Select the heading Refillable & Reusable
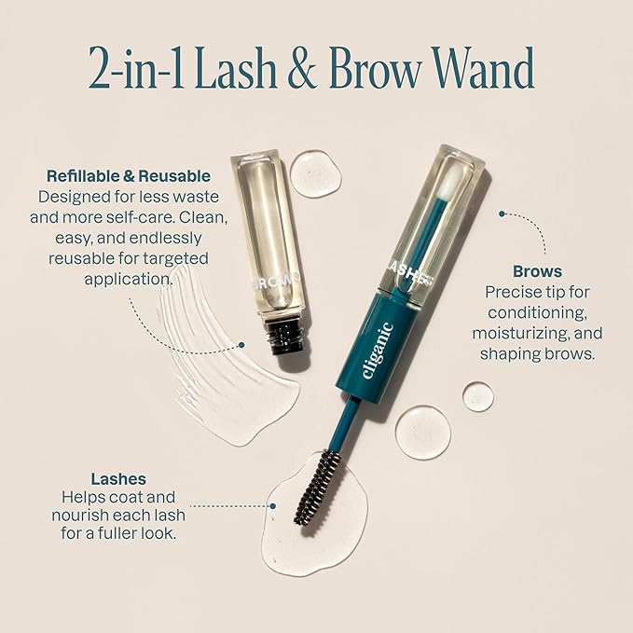(129, 176)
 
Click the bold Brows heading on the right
(537, 271)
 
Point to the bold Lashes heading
(118, 479)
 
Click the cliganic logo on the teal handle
(377, 351)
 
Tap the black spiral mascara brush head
(319, 487)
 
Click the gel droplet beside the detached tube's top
(315, 173)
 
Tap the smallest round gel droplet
(478, 396)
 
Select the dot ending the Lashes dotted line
(273, 506)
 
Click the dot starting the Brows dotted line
(502, 214)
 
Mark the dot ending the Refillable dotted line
(241, 345)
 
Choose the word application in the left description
(129, 280)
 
